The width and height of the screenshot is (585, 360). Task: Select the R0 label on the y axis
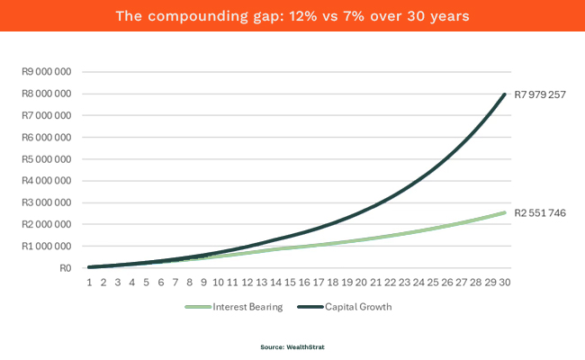point(63,267)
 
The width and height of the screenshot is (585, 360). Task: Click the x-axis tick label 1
point(89,282)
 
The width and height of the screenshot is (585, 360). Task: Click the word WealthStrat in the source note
point(301,346)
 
